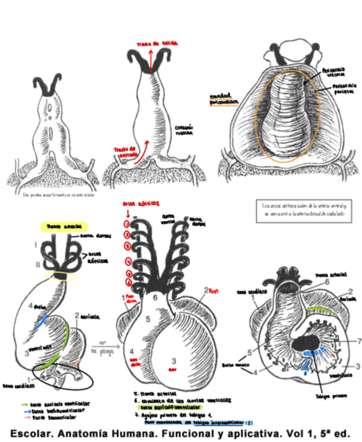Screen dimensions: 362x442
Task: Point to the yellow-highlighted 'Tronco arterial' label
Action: (x=64, y=227)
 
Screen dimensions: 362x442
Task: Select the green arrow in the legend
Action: (x=24, y=403)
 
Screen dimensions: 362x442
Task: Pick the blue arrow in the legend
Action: (x=24, y=411)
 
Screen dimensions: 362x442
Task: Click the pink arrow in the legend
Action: (x=24, y=418)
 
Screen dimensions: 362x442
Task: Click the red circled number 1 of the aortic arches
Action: (x=126, y=224)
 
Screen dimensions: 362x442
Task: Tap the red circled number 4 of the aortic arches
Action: (x=126, y=261)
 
